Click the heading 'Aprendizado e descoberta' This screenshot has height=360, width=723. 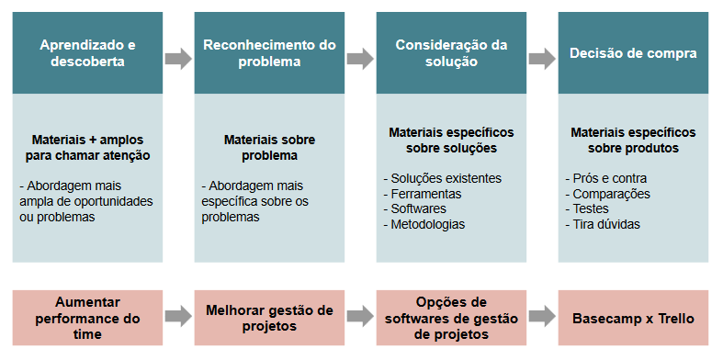click(x=88, y=53)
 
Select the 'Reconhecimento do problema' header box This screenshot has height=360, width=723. click(x=270, y=53)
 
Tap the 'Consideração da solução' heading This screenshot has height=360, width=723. click(x=450, y=53)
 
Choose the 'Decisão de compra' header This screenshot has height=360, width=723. click(x=633, y=53)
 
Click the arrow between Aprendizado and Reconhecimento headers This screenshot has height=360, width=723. click(x=178, y=58)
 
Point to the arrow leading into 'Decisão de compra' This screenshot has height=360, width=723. click(x=542, y=58)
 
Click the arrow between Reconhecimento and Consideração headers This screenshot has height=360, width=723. click(x=360, y=58)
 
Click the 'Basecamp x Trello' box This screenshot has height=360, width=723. click(x=633, y=319)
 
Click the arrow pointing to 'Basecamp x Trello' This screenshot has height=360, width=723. click(x=542, y=317)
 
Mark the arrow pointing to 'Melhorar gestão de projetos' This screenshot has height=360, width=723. click(x=178, y=317)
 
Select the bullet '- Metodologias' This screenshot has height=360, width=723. click(x=424, y=224)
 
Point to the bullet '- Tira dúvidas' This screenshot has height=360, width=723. click(x=602, y=224)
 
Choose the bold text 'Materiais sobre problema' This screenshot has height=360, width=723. click(x=269, y=148)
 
